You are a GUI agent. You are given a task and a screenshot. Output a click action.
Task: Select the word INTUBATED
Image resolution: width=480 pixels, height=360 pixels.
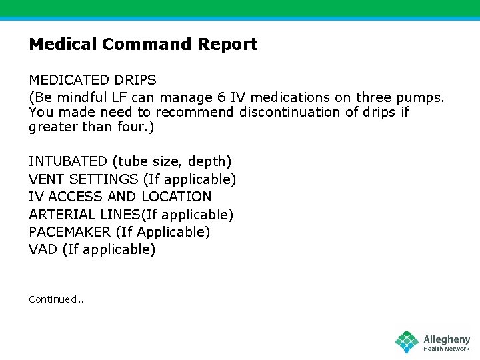pyautogui.click(x=67, y=161)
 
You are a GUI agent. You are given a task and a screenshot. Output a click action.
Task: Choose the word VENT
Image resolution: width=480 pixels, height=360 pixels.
pyautogui.click(x=47, y=179)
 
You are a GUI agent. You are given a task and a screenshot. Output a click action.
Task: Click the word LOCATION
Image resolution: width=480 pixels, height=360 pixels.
pyautogui.click(x=176, y=197)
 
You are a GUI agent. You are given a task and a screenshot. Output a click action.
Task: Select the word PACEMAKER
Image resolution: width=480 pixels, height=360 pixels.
pyautogui.click(x=69, y=232)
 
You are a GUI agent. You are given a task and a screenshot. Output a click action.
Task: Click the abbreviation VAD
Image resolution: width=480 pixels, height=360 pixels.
pyautogui.click(x=43, y=249)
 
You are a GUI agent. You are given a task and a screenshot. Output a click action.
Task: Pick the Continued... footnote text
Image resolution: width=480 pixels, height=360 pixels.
pyautogui.click(x=56, y=299)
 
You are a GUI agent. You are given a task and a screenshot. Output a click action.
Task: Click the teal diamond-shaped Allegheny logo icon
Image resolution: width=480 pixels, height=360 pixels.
pyautogui.click(x=407, y=342)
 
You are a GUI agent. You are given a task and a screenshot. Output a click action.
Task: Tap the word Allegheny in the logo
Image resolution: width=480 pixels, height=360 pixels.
pyautogui.click(x=447, y=339)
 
